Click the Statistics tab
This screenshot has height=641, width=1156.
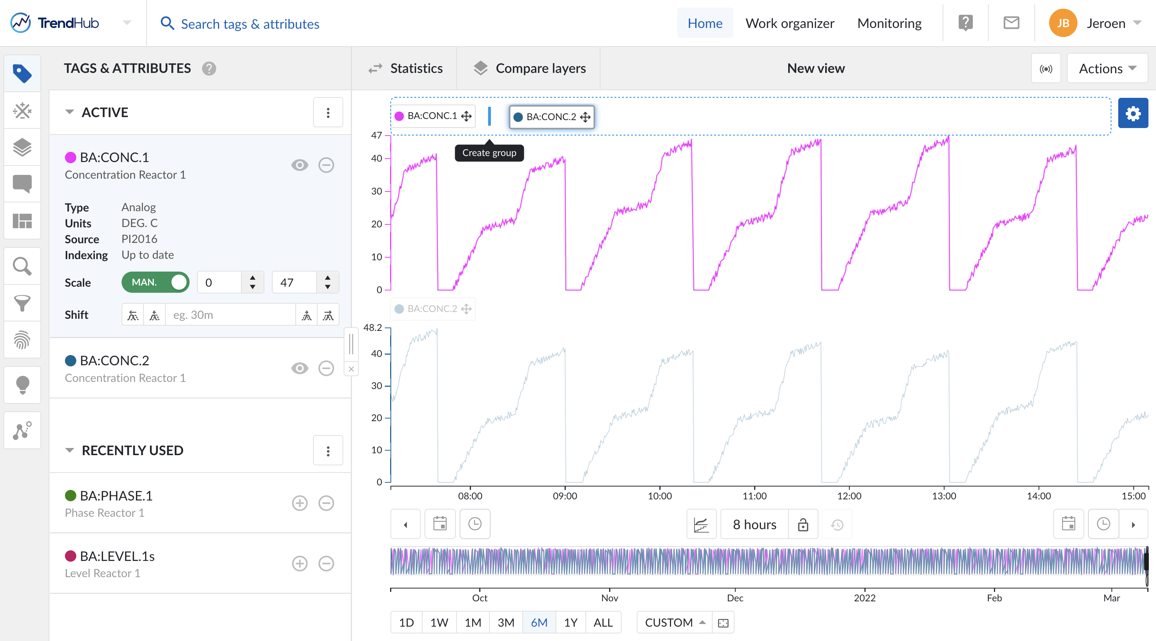(x=406, y=68)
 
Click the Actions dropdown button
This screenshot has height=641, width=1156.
(x=1107, y=68)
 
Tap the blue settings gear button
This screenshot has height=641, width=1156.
(x=1132, y=113)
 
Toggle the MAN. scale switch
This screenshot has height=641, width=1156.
(x=155, y=282)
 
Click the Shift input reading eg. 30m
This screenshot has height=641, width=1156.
(x=230, y=315)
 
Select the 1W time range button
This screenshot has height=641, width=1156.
(x=439, y=622)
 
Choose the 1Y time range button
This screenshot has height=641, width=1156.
(x=570, y=622)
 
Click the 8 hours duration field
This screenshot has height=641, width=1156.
(x=754, y=524)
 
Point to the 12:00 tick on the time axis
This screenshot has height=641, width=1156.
(x=849, y=496)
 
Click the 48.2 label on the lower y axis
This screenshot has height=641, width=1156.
(x=372, y=328)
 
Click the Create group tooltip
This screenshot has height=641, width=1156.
(x=489, y=153)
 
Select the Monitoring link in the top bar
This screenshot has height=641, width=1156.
(x=889, y=23)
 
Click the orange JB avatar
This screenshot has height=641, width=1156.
(x=1062, y=23)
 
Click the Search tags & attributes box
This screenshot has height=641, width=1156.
(x=250, y=24)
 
